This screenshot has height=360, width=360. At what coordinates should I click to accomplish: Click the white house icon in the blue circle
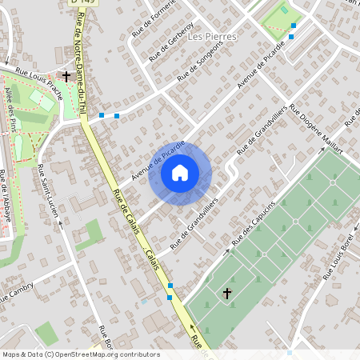180,172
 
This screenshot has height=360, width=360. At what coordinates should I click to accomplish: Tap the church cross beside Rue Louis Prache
66,77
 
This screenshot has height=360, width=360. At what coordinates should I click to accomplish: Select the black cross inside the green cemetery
226,294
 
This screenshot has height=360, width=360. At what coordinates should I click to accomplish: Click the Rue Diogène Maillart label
316,130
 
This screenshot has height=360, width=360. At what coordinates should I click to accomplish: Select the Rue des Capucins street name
254,222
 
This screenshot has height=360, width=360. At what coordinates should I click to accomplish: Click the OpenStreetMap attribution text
80,354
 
